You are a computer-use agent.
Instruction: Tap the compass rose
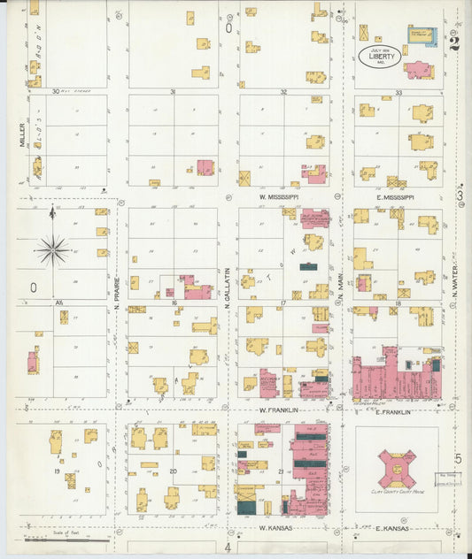tap(52, 250)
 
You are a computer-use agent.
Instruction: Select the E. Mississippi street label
tap(394, 196)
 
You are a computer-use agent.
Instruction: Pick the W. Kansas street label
tap(276, 528)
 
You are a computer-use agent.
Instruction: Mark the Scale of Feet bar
tap(66, 539)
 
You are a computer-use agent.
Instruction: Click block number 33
tap(398, 92)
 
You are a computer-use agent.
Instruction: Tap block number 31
tap(173, 92)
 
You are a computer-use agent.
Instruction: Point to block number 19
tap(57, 471)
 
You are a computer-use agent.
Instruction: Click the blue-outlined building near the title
tap(422, 34)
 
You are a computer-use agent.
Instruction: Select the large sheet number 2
tap(454, 42)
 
